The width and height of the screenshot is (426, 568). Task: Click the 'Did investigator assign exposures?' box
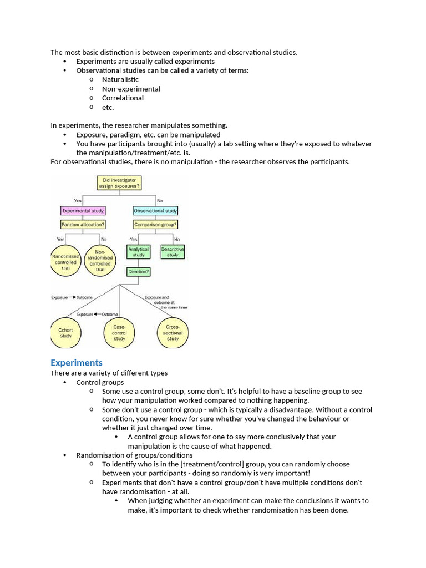(x=119, y=183)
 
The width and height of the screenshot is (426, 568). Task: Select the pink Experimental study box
(x=83, y=211)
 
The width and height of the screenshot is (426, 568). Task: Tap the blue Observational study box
(x=156, y=211)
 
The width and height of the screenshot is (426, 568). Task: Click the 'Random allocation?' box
(x=83, y=225)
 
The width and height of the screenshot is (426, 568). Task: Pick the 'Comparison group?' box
(x=156, y=225)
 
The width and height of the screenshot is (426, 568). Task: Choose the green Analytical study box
(x=139, y=252)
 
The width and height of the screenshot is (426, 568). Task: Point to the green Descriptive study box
(x=173, y=252)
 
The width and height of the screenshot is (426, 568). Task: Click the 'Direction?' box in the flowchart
(x=139, y=272)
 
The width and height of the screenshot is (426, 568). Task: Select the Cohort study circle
(x=65, y=333)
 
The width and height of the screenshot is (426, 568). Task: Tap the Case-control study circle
(x=119, y=333)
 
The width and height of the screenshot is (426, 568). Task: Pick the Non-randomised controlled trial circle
(x=100, y=261)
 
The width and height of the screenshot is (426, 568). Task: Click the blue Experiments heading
(x=77, y=363)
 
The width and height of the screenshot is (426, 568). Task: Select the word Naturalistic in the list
(x=120, y=79)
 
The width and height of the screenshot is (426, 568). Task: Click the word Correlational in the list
(x=123, y=98)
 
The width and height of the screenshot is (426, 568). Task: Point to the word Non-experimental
(x=131, y=89)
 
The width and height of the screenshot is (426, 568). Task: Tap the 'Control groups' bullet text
(x=100, y=382)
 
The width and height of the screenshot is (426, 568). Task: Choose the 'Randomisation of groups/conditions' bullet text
(x=135, y=455)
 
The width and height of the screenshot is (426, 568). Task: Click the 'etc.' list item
(x=108, y=107)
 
